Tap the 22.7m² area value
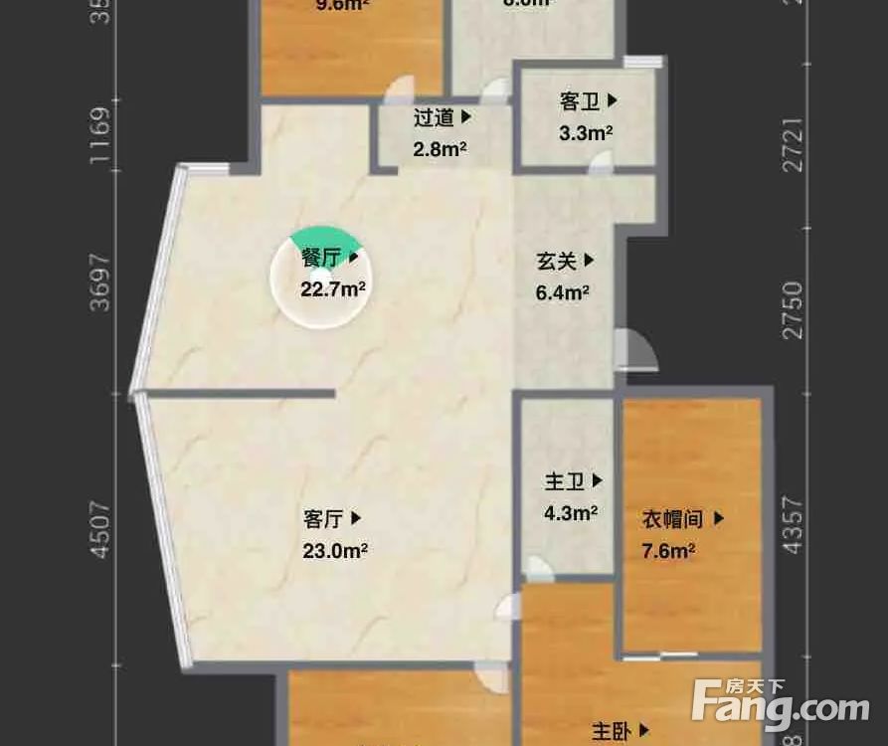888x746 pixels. [x=333, y=289]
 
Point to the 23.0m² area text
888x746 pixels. [x=335, y=550]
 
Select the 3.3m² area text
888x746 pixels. [x=587, y=132]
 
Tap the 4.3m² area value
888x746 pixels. [x=571, y=513]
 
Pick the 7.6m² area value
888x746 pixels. [x=668, y=551]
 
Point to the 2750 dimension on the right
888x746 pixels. [x=793, y=310]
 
